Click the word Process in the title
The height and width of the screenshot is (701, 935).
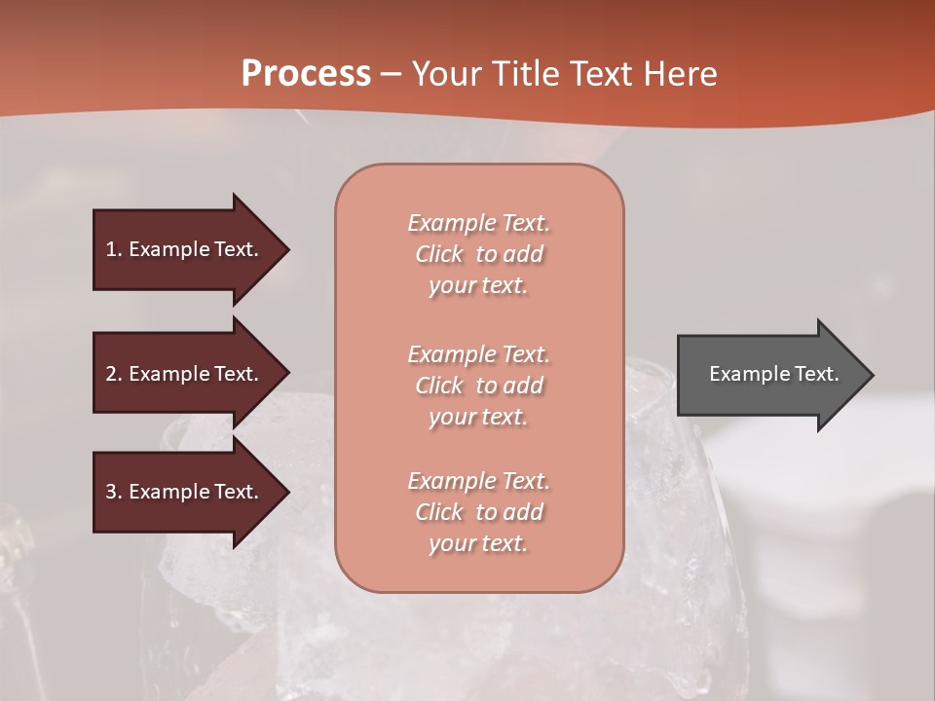[x=306, y=74]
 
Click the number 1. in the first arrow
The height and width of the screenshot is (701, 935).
[x=114, y=249]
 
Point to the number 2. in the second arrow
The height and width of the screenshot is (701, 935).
[x=114, y=374]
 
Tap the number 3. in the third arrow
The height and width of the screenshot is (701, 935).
[x=114, y=492]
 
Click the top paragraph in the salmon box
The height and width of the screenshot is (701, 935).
[x=478, y=254]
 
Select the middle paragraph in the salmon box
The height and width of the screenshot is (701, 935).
[x=478, y=386]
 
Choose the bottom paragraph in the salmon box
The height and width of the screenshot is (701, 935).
[x=478, y=512]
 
